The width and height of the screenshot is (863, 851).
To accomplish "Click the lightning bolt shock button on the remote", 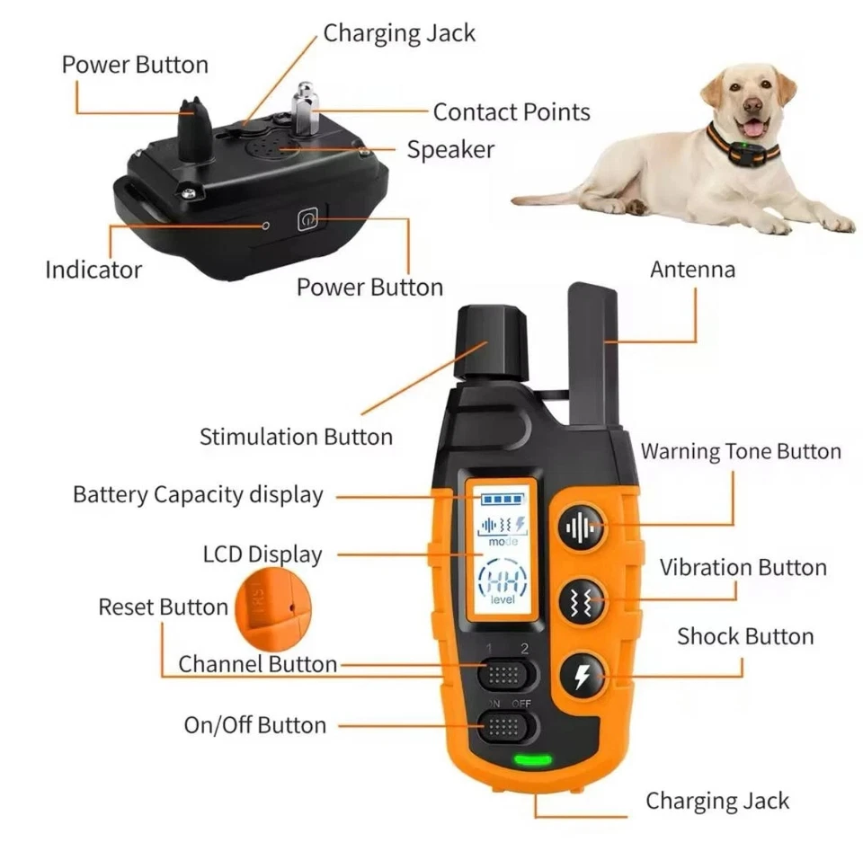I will (x=582, y=675).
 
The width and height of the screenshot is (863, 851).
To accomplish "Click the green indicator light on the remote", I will (x=532, y=760).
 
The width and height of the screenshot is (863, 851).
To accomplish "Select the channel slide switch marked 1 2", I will (x=506, y=673).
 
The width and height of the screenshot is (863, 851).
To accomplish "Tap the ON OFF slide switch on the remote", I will (x=506, y=724).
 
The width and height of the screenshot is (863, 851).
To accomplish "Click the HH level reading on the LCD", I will (x=503, y=581).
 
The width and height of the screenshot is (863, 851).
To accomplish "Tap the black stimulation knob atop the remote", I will (x=491, y=341).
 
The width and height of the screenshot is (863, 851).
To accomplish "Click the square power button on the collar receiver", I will (x=308, y=219).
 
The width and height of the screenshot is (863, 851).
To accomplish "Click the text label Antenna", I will (x=692, y=270).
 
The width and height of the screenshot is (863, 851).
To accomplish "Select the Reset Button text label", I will (x=163, y=607).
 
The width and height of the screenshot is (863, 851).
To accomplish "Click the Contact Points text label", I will (x=512, y=112).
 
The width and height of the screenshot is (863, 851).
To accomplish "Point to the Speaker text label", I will (x=450, y=149).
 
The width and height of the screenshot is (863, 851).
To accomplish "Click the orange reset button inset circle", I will (x=271, y=611).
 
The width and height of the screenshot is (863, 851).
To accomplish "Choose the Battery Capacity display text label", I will (x=198, y=495).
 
